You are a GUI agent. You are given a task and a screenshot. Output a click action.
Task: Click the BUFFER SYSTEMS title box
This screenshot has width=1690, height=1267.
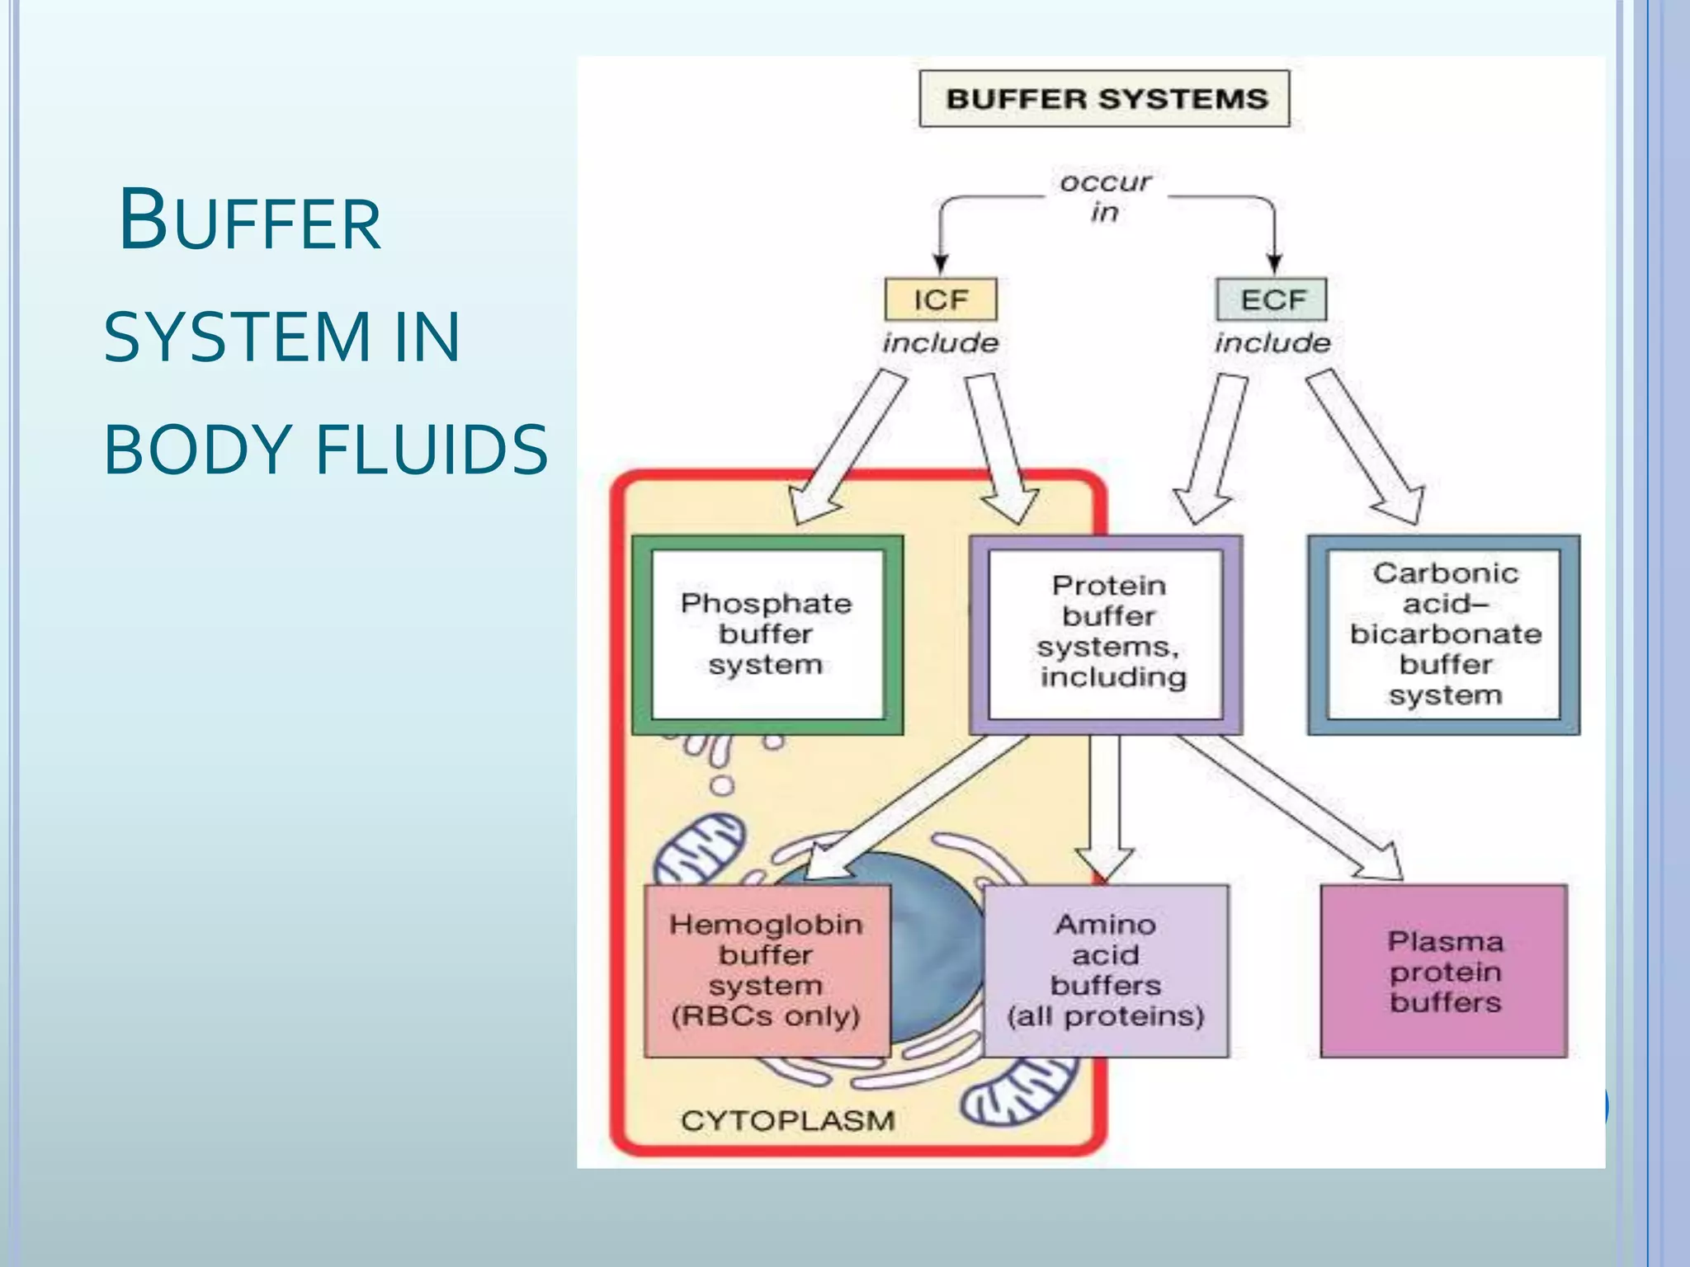tap(1104, 99)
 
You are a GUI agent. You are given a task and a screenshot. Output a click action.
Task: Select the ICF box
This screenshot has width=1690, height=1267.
tap(941, 299)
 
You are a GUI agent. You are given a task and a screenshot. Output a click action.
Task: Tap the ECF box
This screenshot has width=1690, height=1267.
tap(1272, 299)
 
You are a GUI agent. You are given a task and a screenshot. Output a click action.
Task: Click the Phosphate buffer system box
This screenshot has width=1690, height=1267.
tap(767, 634)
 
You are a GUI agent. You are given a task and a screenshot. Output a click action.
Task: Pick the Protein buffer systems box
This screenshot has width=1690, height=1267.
tap(1106, 634)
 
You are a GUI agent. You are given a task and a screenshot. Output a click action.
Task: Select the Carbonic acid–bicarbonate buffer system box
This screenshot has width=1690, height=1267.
tap(1444, 634)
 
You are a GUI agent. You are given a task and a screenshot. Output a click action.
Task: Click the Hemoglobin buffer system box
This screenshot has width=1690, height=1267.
tap(767, 971)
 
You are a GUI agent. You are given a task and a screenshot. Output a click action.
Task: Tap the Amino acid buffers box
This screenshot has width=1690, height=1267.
tap(1106, 971)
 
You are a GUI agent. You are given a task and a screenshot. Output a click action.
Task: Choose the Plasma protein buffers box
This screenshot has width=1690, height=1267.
tap(1444, 971)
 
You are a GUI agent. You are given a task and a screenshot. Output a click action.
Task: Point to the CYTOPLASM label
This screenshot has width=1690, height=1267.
tap(787, 1120)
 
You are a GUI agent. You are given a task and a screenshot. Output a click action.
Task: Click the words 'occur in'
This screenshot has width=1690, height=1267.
tap(1105, 196)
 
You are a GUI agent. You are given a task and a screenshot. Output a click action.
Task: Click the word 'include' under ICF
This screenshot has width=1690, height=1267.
tap(941, 343)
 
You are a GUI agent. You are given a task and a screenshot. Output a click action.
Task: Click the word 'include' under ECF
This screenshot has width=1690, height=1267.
tap(1272, 343)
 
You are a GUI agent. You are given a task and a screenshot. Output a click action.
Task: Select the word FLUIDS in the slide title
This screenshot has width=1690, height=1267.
tap(431, 450)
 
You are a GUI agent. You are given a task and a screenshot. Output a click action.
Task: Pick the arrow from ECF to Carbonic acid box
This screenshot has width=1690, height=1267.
tap(1366, 445)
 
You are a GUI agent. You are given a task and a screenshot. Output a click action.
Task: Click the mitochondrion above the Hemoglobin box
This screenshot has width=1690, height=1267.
tap(700, 850)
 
